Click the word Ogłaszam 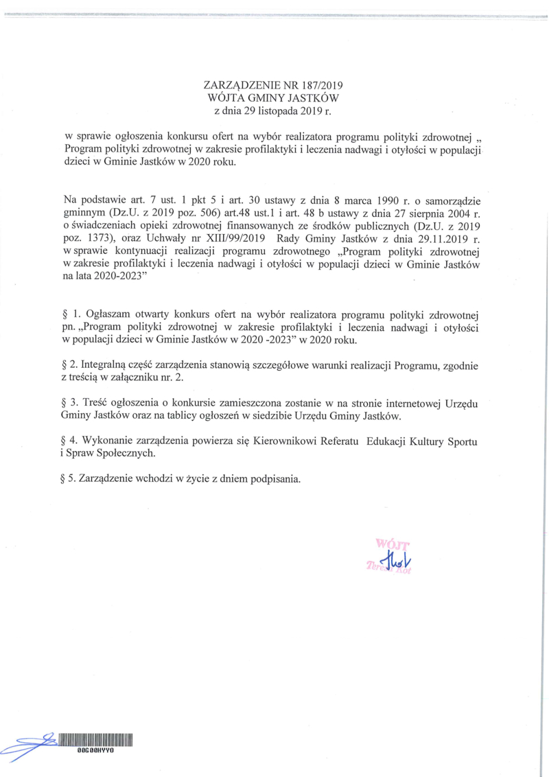(110, 314)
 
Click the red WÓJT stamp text (389, 546)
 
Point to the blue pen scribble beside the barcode (31, 743)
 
